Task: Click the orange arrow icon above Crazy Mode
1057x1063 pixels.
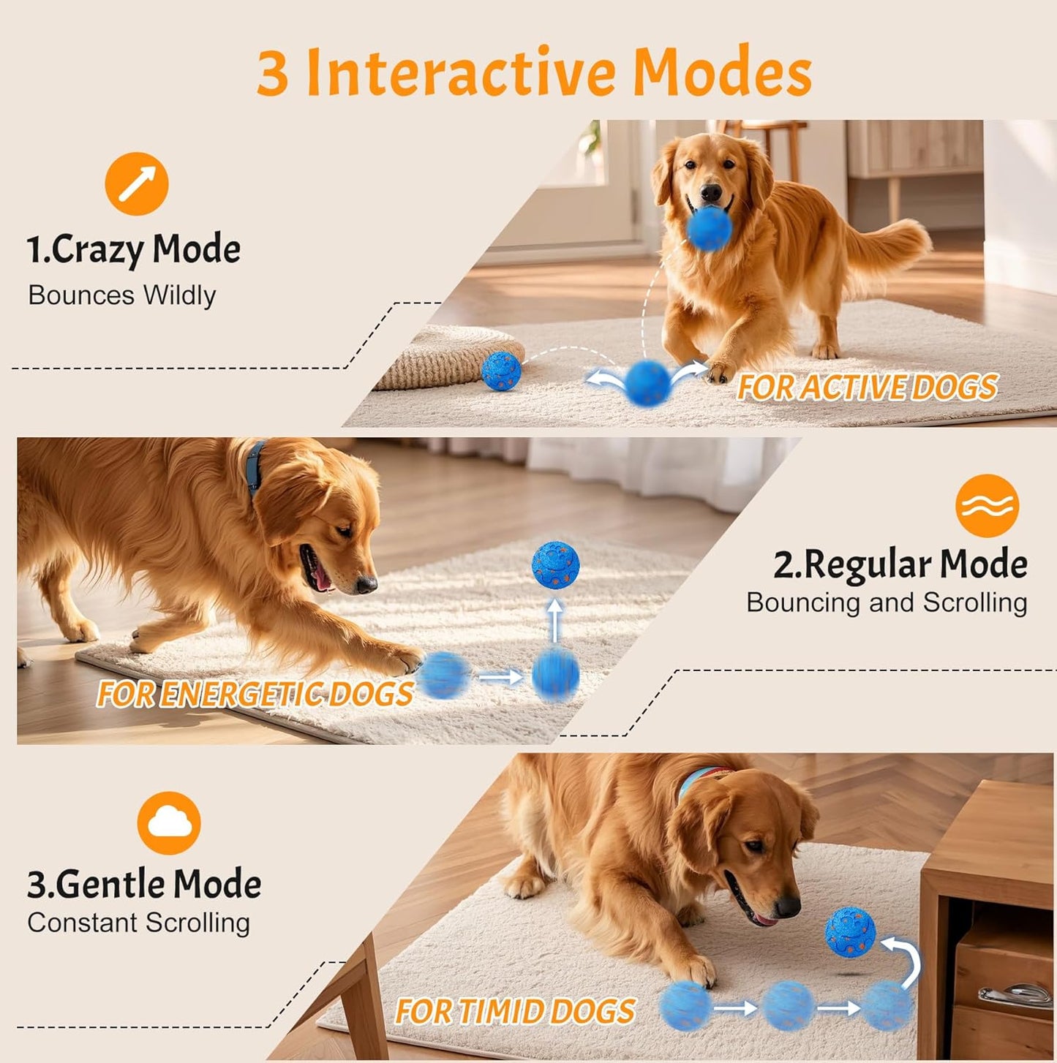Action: [x=137, y=184]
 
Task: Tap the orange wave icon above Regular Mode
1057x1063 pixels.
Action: [x=987, y=505]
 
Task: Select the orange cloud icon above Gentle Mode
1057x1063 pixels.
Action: [x=169, y=822]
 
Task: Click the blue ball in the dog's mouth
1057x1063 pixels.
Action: [x=709, y=228]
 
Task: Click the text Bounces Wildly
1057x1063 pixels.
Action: [x=122, y=295]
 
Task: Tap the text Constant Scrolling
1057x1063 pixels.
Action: [x=139, y=923]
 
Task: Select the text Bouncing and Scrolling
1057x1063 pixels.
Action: [x=887, y=602]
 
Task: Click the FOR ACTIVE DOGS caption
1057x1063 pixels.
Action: [x=868, y=387]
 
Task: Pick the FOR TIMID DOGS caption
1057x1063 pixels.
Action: [x=515, y=1012]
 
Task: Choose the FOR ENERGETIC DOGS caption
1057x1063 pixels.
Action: [x=255, y=694]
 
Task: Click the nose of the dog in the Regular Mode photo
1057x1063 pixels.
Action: [x=366, y=583]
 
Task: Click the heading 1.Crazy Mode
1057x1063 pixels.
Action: [x=134, y=249]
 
